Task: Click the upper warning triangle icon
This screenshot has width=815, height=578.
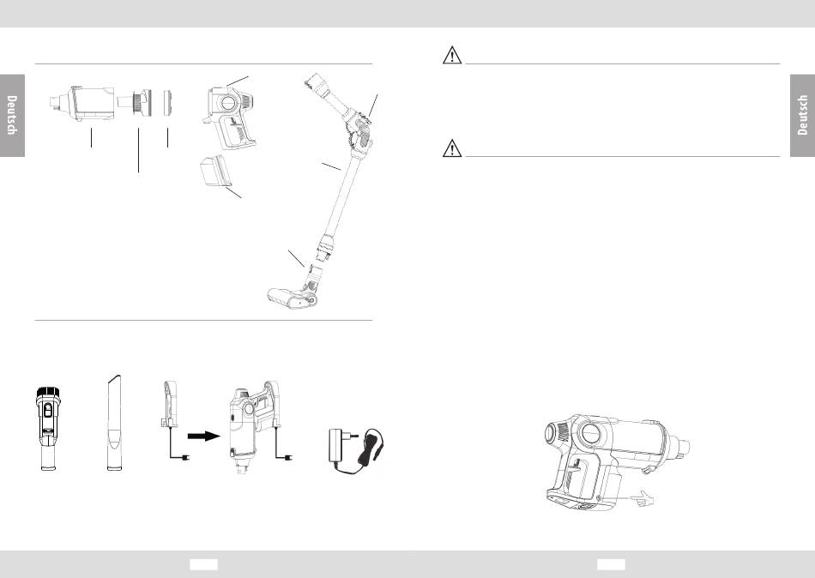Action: coord(452,55)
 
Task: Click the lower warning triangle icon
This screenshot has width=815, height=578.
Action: coord(452,148)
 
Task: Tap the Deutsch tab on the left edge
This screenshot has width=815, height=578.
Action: coord(12,116)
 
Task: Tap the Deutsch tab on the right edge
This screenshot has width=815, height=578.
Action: coord(802,116)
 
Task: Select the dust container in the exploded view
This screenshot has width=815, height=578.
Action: coord(82,103)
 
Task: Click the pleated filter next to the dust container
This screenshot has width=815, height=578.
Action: coord(135,102)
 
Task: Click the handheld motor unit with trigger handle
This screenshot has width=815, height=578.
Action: coord(231,117)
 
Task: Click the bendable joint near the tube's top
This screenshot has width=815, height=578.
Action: coord(358,130)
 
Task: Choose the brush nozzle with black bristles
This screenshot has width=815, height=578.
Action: coord(48,428)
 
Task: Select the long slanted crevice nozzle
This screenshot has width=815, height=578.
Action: coord(114,422)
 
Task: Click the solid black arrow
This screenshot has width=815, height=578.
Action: coord(204,436)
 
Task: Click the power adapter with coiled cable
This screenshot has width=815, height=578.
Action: coord(356,451)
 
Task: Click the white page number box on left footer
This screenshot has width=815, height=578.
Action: coord(203,564)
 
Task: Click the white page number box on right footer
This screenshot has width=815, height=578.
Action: coord(611,564)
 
